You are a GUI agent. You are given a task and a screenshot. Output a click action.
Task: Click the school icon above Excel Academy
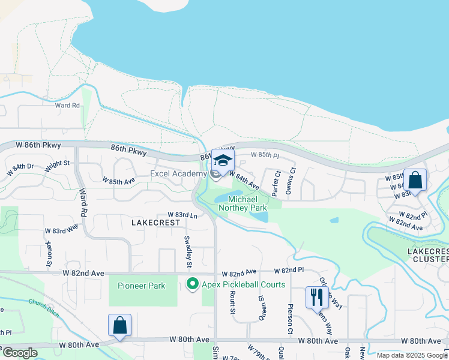223,161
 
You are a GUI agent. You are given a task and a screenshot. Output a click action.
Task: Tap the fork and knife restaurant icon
316,297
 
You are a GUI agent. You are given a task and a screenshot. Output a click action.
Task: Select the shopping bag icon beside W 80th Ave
119,326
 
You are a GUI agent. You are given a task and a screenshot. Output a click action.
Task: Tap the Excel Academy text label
179,174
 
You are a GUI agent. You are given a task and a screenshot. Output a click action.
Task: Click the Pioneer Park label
141,286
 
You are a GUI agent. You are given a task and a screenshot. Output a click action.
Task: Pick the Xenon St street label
49,254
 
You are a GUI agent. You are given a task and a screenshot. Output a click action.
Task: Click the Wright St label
58,163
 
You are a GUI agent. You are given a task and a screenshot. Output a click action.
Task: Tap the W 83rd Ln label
182,215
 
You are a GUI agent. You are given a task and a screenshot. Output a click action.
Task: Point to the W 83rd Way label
61,229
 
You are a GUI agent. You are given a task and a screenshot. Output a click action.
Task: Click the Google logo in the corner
20,353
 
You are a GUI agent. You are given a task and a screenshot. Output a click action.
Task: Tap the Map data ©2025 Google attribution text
411,356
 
